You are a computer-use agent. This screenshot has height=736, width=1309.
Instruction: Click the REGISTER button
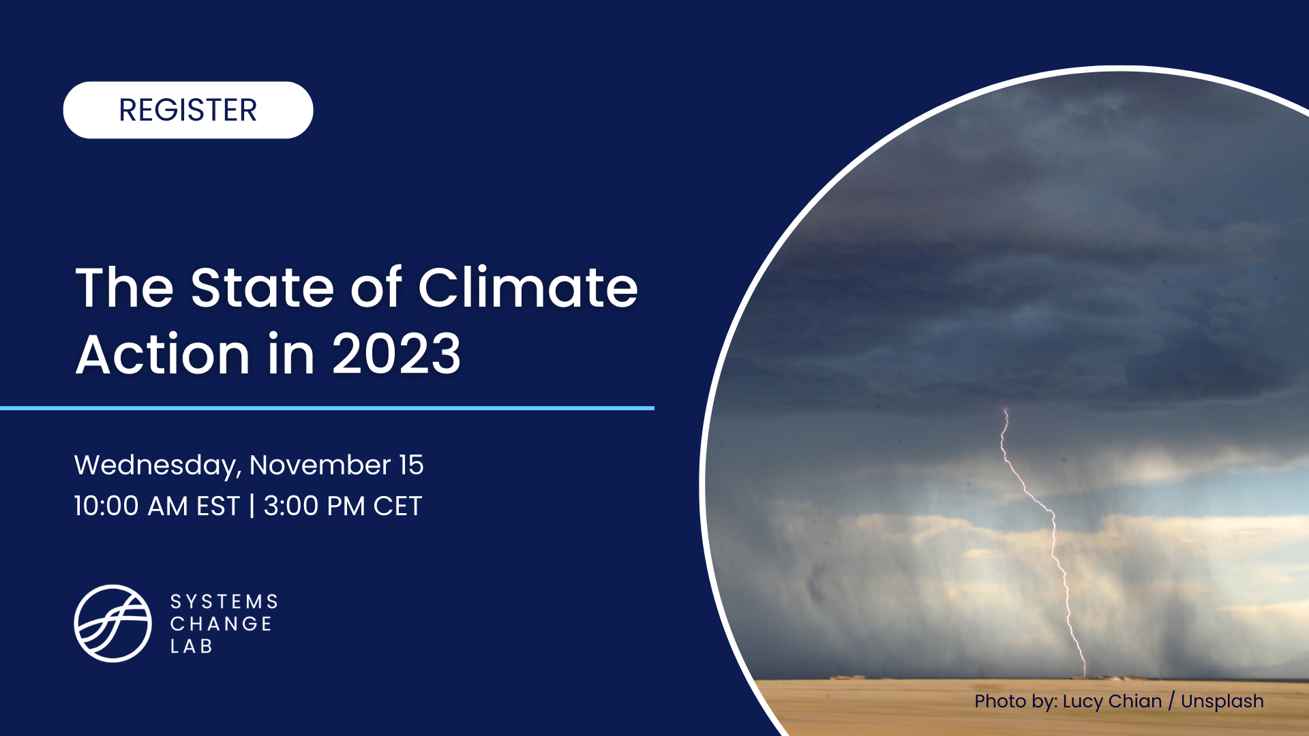click(x=187, y=110)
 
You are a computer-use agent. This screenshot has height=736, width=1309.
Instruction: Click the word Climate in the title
click(x=528, y=288)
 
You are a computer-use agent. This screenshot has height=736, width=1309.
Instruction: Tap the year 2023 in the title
click(x=396, y=354)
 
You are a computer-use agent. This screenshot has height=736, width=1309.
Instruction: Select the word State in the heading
click(x=262, y=288)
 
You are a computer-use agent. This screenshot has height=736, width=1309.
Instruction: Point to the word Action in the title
click(x=162, y=354)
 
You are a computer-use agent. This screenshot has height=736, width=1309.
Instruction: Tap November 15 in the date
click(x=336, y=465)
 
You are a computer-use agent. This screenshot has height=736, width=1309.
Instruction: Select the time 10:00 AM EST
click(x=157, y=506)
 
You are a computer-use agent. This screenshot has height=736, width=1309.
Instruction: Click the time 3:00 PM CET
click(x=343, y=506)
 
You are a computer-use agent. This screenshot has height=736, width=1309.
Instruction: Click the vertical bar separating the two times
click(x=252, y=506)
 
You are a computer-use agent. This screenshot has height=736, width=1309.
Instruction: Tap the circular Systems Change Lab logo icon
click(x=112, y=623)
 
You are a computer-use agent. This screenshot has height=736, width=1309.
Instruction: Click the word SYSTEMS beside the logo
click(x=224, y=602)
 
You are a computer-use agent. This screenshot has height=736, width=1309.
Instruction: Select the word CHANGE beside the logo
click(x=221, y=624)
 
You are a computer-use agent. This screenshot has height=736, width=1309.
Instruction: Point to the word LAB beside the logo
click(x=192, y=646)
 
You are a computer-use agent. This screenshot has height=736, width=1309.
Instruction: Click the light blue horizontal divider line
click(x=327, y=408)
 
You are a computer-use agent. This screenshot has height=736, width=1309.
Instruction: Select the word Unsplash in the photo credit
click(x=1222, y=701)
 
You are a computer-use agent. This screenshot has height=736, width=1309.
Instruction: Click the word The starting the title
click(x=124, y=288)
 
